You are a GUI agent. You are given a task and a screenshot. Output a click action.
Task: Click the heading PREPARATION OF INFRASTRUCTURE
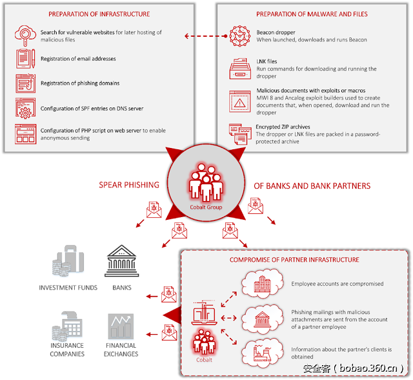pos(108,14)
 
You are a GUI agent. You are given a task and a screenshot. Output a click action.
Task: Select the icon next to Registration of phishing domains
pos(26,83)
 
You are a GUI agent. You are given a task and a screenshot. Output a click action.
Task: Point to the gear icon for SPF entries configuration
pos(26,108)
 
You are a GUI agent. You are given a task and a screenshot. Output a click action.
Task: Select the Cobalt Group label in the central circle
pos(206,207)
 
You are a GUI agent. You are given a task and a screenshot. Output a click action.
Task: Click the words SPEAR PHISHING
pos(129,185)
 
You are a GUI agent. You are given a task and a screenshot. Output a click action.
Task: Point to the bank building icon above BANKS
pos(121,261)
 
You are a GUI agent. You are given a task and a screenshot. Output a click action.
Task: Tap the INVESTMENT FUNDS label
pos(68,288)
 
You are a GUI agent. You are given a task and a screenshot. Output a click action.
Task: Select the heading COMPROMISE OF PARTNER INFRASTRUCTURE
pos(294,260)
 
